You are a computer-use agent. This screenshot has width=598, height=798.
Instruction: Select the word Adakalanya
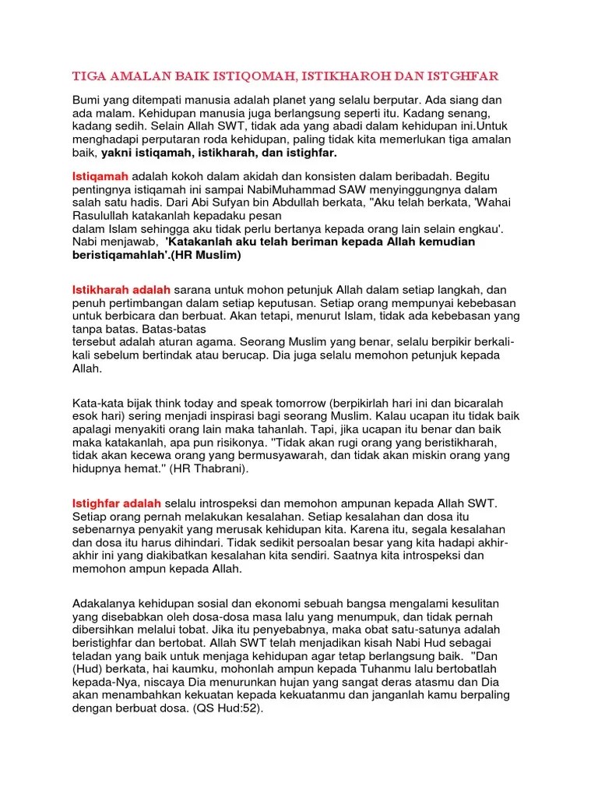click(108, 605)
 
